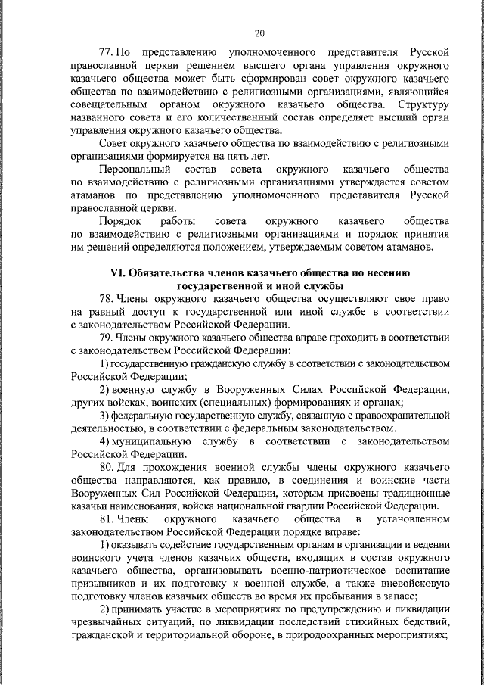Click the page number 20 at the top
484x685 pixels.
(x=259, y=33)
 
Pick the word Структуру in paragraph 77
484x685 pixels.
(x=427, y=103)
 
